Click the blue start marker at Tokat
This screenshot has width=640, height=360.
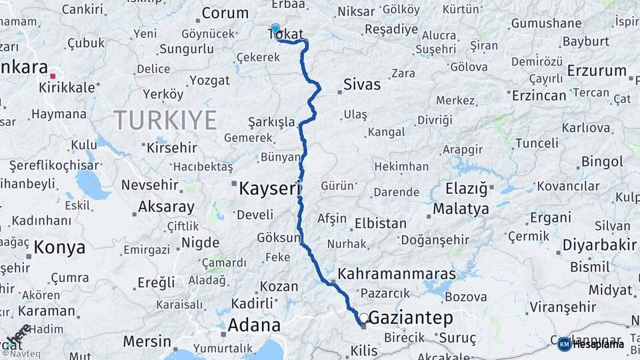coord(275,29)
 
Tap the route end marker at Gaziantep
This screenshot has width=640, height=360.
coord(363,319)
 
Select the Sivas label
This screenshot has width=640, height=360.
coord(362,84)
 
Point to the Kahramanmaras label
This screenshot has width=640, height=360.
coord(397,273)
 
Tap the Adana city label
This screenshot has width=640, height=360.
coord(254,325)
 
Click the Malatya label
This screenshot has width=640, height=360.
coord(461,209)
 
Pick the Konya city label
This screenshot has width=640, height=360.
coord(59,247)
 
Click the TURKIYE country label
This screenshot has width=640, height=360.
coord(165,121)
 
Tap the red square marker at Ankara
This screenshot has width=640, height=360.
coord(53,76)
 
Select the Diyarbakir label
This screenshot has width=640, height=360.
coord(599,245)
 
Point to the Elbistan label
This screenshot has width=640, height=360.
coord(381,223)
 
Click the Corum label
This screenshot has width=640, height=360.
coord(225,13)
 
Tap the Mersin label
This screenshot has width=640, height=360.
coord(147,341)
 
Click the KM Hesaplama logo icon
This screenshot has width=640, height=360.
coord(565,344)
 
